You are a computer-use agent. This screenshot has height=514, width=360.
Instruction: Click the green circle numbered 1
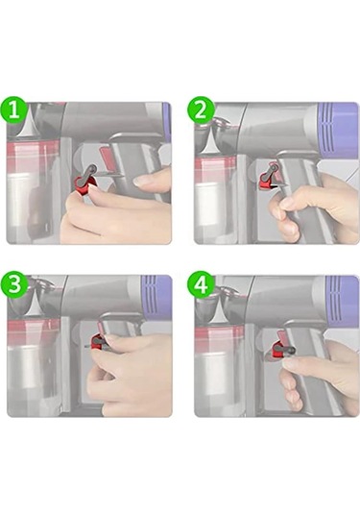(13, 110)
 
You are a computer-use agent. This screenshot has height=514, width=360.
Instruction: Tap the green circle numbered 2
(201, 110)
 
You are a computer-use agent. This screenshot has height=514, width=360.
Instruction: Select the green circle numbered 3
(13, 284)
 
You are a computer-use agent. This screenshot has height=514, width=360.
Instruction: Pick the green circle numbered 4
(201, 284)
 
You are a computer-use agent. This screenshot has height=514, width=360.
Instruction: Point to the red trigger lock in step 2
(267, 181)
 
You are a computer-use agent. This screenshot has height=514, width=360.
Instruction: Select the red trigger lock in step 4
(278, 350)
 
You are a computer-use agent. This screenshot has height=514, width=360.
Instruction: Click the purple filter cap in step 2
(337, 131)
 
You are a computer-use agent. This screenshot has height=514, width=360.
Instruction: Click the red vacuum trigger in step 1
(107, 158)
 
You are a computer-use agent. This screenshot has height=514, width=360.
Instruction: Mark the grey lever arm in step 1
(88, 173)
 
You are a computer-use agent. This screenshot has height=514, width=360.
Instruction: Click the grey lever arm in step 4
(286, 350)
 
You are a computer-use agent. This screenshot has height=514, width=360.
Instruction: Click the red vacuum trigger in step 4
(282, 336)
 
